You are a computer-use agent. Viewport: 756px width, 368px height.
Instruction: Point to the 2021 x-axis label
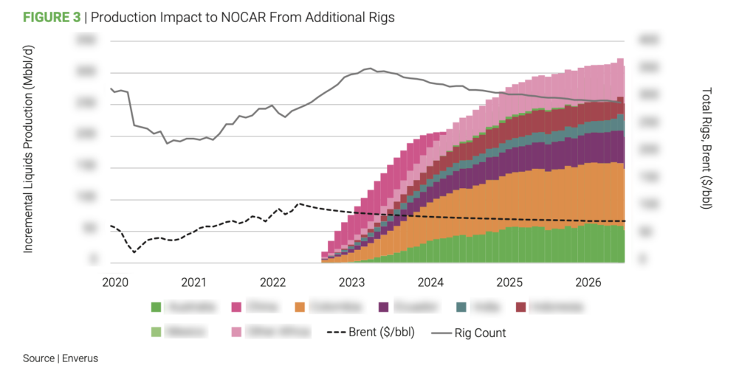pos(193,282)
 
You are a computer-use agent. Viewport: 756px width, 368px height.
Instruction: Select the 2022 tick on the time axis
pos(272,282)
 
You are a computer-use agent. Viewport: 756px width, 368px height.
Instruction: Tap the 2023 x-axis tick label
pos(351,282)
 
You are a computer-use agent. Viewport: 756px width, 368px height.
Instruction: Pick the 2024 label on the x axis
pos(430,282)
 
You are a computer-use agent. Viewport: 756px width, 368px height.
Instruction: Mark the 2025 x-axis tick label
pos(509,282)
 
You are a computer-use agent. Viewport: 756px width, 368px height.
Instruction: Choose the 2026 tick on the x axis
pos(588,282)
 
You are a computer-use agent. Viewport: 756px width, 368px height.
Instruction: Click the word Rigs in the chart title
pos(380,18)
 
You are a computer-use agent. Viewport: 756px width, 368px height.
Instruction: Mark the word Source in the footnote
pos(38,358)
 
